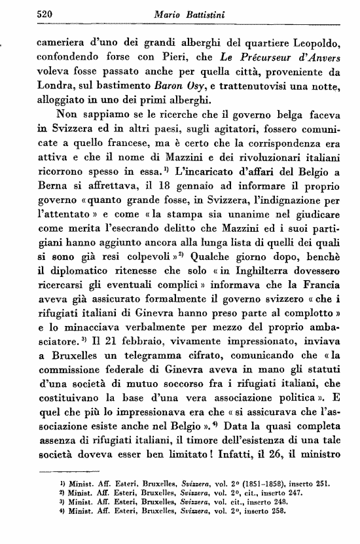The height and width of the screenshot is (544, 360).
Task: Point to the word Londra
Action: point(58,86)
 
